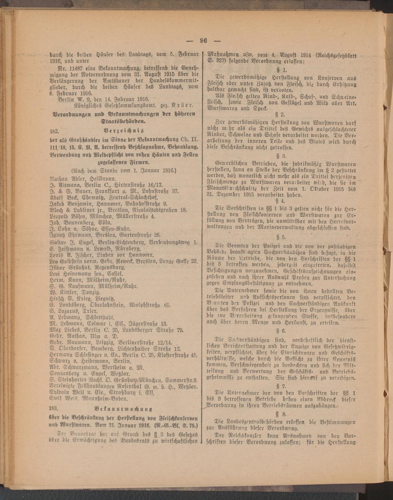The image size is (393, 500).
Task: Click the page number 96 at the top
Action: coord(203,40)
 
